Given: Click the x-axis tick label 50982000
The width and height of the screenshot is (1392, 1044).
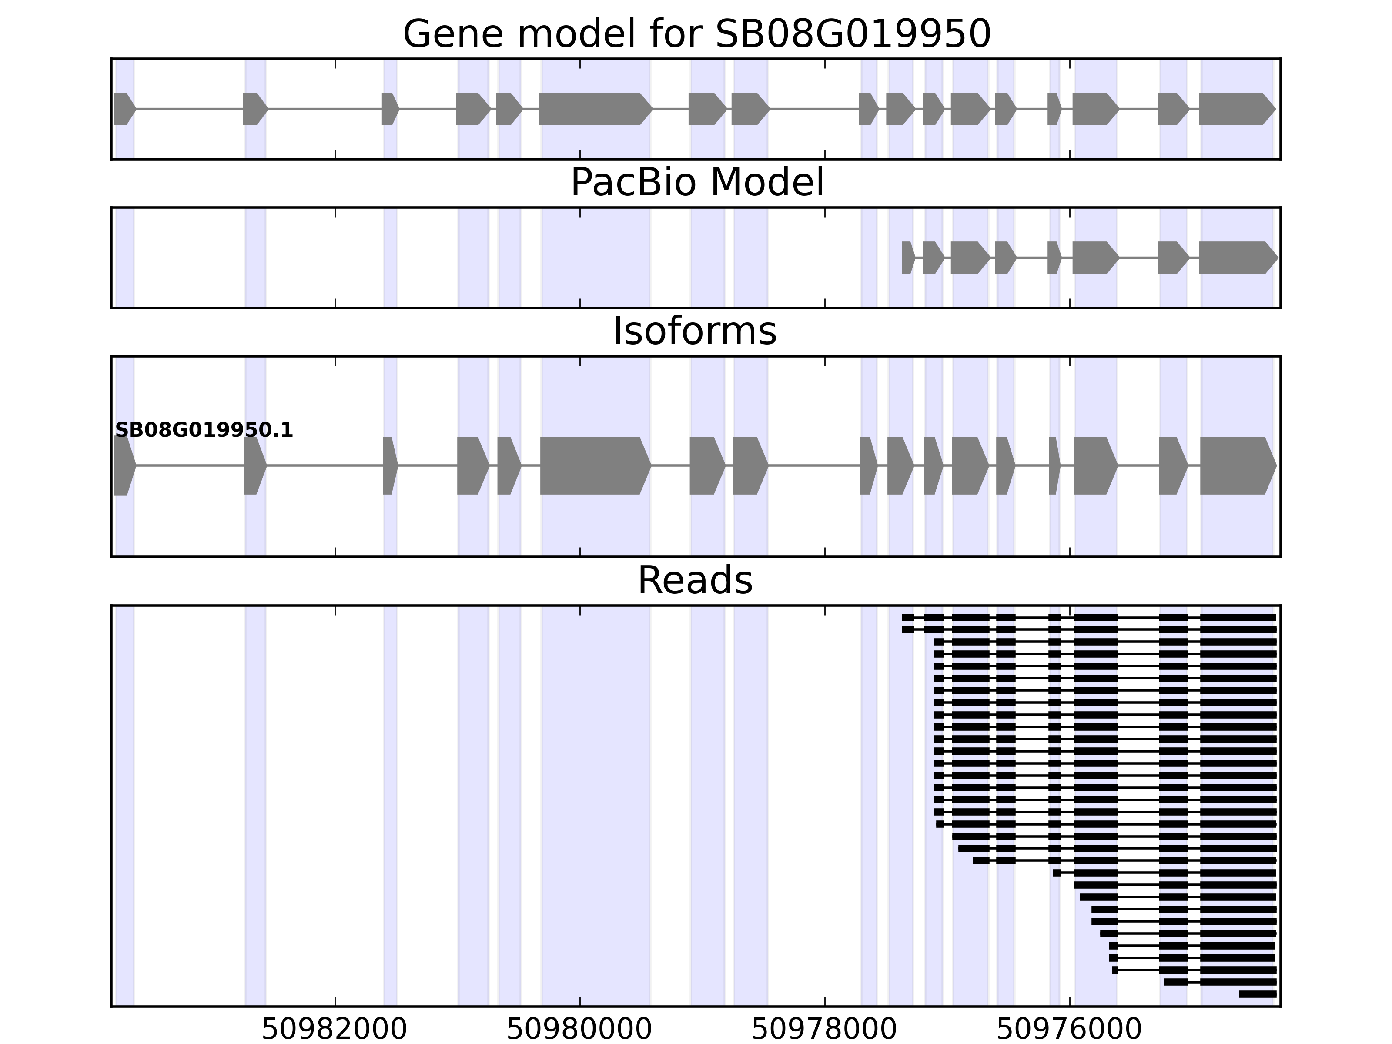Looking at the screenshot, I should click(x=335, y=1030).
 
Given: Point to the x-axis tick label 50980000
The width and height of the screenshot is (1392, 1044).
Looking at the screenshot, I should click(x=579, y=1030).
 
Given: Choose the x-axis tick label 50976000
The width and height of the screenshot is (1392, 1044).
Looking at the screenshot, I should click(x=1069, y=1030).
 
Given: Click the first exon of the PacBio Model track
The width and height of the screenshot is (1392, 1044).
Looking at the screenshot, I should click(x=907, y=258).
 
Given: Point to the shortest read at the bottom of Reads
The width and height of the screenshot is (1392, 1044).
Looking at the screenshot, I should click(x=1257, y=994).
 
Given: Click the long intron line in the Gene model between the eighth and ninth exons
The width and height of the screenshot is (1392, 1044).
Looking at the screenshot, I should click(x=814, y=109).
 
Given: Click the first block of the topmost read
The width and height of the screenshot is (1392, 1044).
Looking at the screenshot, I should click(x=907, y=617).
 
